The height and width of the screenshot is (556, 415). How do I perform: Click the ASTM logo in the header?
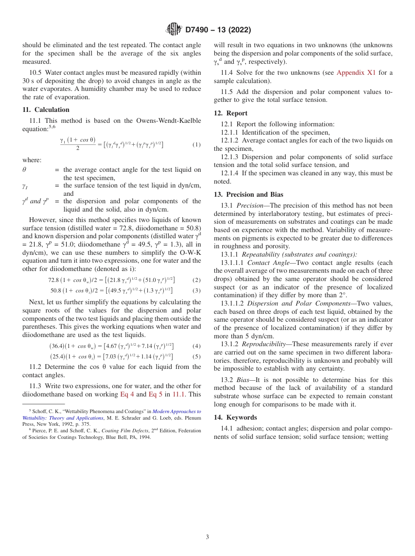point(173,30)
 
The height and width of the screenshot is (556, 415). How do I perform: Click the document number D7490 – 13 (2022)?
point(218,30)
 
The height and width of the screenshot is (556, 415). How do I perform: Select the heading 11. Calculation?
point(46,110)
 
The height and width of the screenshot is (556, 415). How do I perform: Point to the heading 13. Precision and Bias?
point(249,195)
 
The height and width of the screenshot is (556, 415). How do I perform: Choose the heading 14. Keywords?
point(235,417)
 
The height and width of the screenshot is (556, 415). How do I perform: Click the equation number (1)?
point(197,145)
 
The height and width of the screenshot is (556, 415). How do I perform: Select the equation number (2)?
point(197,280)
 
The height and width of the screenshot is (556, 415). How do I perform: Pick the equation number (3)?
point(197,290)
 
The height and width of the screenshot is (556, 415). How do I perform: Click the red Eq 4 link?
point(127,394)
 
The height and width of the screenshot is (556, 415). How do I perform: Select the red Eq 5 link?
point(156,394)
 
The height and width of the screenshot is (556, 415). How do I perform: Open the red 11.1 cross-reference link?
point(178,394)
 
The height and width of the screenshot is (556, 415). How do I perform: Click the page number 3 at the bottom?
point(207,537)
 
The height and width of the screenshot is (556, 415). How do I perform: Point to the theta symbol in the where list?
point(24,170)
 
